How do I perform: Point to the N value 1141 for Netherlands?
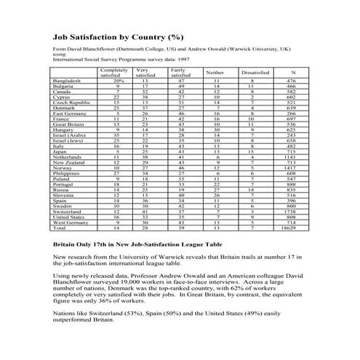click(x=292, y=176)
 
